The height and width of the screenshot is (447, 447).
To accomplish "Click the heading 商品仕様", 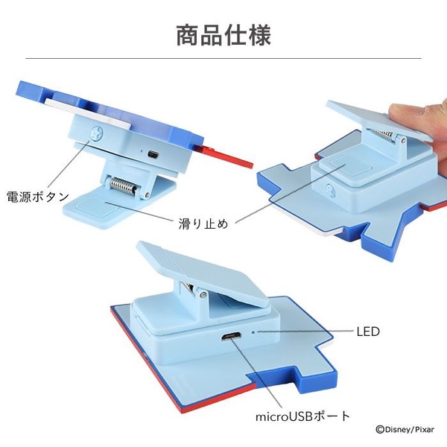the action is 223,35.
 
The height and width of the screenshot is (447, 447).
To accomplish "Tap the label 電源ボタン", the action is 38,197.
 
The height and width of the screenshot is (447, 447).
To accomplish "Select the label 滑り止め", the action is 203,223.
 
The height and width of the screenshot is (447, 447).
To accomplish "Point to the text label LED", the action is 368,332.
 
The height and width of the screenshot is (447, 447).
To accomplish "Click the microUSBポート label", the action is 302,416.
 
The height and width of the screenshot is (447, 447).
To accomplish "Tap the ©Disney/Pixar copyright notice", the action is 405,430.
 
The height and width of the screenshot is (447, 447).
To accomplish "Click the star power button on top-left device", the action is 96,133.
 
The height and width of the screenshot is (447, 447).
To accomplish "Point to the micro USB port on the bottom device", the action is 231,337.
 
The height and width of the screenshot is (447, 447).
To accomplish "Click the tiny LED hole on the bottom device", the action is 253,332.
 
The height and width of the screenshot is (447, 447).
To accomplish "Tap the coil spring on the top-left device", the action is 123,185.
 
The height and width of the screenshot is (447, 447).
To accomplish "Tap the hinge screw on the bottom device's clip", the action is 202,294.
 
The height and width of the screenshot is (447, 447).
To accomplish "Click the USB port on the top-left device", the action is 153,155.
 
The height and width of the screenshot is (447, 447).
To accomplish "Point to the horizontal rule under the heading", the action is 223,58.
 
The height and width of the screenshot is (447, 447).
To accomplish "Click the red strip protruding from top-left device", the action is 224,156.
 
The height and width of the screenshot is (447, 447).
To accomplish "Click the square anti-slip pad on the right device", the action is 346,167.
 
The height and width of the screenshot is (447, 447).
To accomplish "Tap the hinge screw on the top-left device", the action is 147,195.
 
